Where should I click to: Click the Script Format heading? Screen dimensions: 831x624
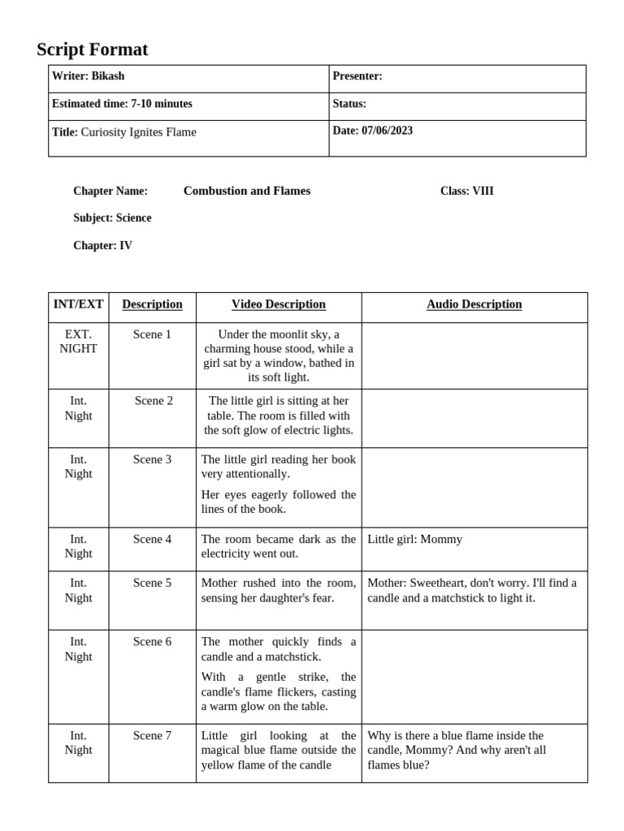(93, 50)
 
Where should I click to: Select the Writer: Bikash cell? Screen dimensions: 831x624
(89, 76)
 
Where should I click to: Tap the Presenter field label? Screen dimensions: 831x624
(357, 76)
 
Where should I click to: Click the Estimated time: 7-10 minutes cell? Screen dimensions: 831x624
(122, 104)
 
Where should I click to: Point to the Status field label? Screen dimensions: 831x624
(349, 104)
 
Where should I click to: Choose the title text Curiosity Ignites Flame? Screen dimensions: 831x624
(138, 131)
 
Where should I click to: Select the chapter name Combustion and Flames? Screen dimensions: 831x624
(247, 191)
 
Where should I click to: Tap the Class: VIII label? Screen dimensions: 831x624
(466, 191)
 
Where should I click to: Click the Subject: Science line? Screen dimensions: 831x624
(112, 217)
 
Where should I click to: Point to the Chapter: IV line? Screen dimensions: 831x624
(102, 245)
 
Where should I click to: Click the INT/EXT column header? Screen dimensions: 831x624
(78, 304)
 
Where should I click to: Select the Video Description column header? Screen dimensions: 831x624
(279, 304)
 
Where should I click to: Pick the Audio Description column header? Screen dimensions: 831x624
(474, 304)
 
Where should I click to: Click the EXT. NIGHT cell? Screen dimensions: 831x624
(78, 342)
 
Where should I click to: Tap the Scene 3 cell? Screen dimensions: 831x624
(152, 459)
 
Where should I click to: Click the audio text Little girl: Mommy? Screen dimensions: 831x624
(415, 539)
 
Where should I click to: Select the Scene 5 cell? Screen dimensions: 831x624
(152, 583)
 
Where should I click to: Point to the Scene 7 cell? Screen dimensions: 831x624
(152, 735)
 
